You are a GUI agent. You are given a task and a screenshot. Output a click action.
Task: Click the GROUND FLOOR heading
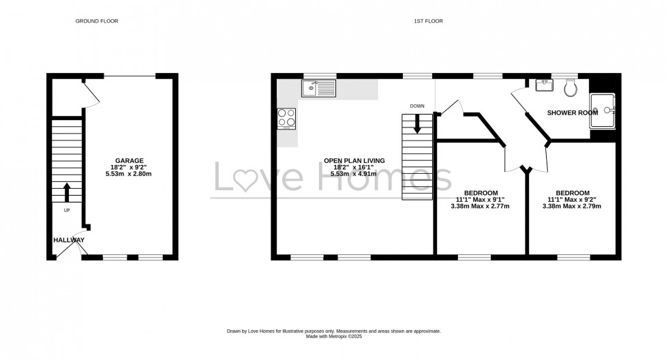96,21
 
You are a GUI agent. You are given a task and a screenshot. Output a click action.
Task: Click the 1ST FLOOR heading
428,21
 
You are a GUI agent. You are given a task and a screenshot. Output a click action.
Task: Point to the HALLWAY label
69,240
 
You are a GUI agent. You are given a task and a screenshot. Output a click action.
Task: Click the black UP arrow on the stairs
67,192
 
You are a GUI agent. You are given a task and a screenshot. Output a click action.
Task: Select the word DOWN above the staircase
417,106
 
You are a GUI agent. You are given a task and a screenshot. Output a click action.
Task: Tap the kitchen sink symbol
319,87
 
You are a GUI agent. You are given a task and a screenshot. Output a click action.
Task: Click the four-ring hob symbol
286,119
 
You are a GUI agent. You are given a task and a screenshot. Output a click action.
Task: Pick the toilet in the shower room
571,86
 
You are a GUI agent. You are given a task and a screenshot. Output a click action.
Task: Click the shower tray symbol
603,111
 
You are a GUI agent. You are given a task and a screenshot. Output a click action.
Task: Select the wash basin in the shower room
545,85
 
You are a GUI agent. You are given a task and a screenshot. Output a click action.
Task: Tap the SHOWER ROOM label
573,112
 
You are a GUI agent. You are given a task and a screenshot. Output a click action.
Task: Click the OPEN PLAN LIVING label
354,161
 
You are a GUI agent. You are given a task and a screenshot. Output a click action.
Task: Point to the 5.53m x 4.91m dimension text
354,174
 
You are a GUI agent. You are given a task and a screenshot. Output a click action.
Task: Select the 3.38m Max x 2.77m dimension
481,206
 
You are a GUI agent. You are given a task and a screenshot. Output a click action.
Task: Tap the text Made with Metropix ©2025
334,335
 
